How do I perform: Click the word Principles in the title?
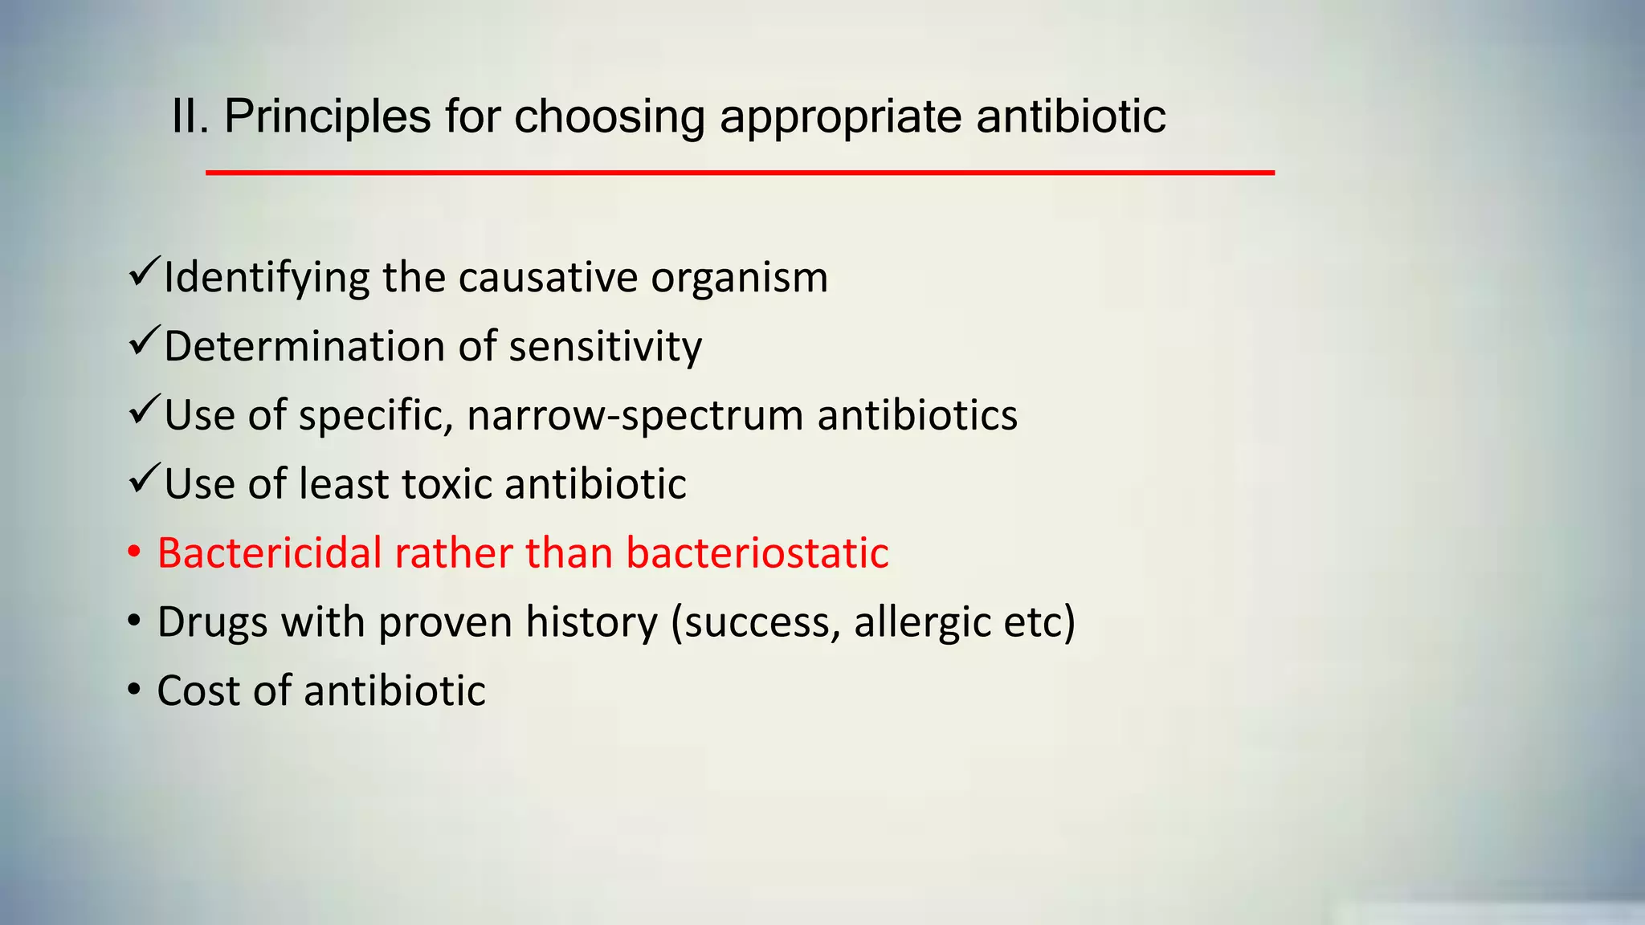coord(327,116)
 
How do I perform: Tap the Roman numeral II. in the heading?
coord(190,116)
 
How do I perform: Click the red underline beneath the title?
coord(740,173)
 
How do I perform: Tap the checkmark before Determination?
coord(144,341)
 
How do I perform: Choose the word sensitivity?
coord(605,347)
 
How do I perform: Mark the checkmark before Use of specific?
coord(144,410)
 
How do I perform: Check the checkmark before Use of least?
coord(144,479)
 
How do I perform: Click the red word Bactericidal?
coord(269,553)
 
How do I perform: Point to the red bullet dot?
coord(134,552)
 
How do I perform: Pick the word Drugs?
coord(212,622)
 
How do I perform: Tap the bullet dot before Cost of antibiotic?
coord(134,691)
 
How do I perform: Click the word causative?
coord(548,279)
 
